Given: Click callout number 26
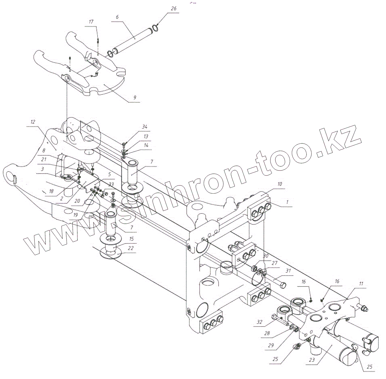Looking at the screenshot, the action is pos(173,8).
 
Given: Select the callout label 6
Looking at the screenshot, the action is pos(117,17).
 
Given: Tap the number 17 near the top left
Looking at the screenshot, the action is pos(91,22).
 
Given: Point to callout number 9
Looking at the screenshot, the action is pos(135,98).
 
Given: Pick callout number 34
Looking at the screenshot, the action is pos(145,127).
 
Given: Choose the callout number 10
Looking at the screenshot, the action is pos(280,184).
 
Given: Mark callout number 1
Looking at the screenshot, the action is pos(287,202).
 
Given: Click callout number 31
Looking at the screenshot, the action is pos(288,271).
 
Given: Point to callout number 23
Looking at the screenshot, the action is pos(312,360).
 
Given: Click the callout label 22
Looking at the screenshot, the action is pos(131,248).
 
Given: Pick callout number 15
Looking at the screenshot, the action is pos(131,239).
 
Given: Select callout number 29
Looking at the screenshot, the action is pos(271,345).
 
